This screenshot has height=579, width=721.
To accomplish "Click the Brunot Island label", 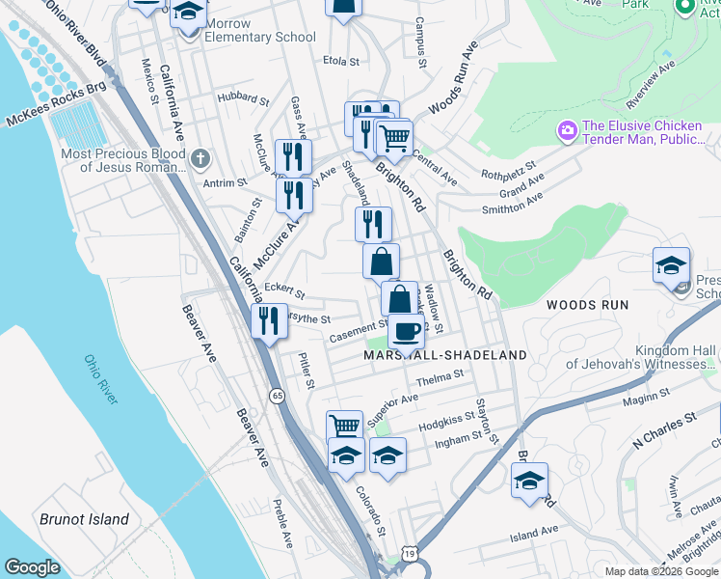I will (x=84, y=519).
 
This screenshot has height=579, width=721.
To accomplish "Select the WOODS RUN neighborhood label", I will (x=587, y=305).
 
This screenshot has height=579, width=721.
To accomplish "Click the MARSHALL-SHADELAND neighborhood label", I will (x=445, y=355).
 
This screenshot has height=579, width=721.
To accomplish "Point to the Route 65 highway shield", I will (x=278, y=396).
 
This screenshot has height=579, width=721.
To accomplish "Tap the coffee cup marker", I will (x=406, y=331).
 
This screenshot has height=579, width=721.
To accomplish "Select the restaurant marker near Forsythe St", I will (x=269, y=319).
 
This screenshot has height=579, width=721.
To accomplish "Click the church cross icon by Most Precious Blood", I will (x=200, y=157).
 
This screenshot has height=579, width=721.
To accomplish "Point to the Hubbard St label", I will (x=243, y=97).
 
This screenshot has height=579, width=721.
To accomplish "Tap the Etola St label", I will (x=341, y=61).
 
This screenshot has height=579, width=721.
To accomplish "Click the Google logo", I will (x=32, y=567).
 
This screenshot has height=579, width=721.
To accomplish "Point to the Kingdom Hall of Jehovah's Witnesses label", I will (x=641, y=357).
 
